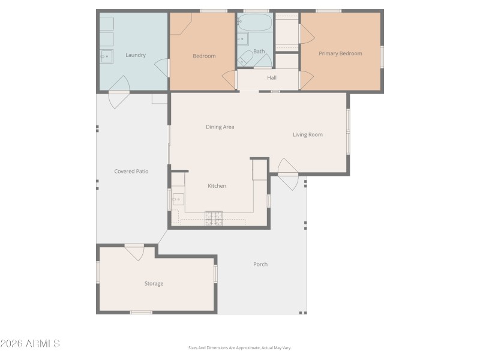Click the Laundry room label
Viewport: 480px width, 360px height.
(x=136, y=55)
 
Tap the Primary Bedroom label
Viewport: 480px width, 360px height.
(x=340, y=53)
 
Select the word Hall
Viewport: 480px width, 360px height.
(x=272, y=77)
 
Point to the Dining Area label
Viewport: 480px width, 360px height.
(x=220, y=127)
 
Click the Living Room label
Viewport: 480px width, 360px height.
(x=307, y=134)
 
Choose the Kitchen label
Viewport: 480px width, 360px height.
(x=217, y=186)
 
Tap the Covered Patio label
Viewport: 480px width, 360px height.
(x=131, y=172)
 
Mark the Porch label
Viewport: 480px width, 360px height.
(x=260, y=264)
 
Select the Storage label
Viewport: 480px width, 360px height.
(x=154, y=283)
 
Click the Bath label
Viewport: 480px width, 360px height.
(x=259, y=52)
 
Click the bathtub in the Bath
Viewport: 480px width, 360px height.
(x=254, y=23)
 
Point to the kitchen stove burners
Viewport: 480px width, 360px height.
(x=214, y=218)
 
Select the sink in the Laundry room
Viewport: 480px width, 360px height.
(x=106, y=56)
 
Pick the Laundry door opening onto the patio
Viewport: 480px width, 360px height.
(x=119, y=96)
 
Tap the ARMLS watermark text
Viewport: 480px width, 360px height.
(x=30, y=344)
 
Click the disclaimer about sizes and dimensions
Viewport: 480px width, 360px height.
(x=240, y=348)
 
